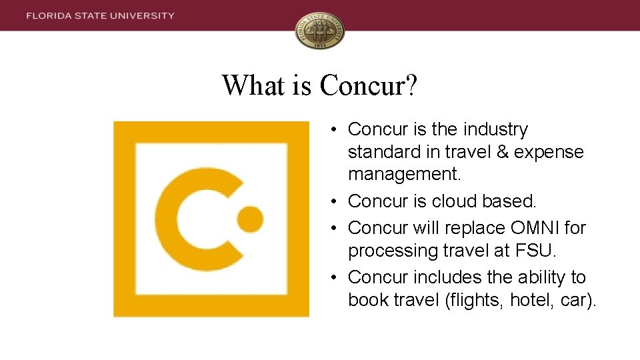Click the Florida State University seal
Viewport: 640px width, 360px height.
pos(320,31)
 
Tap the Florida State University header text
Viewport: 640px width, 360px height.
pos(101,15)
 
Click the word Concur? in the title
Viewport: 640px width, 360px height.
pos(369,85)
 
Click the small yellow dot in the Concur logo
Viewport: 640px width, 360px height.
pos(250,218)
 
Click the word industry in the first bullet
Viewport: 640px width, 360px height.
pos(494,129)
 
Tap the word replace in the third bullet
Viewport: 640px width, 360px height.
pos(471,228)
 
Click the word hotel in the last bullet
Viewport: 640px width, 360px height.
pos(532,300)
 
